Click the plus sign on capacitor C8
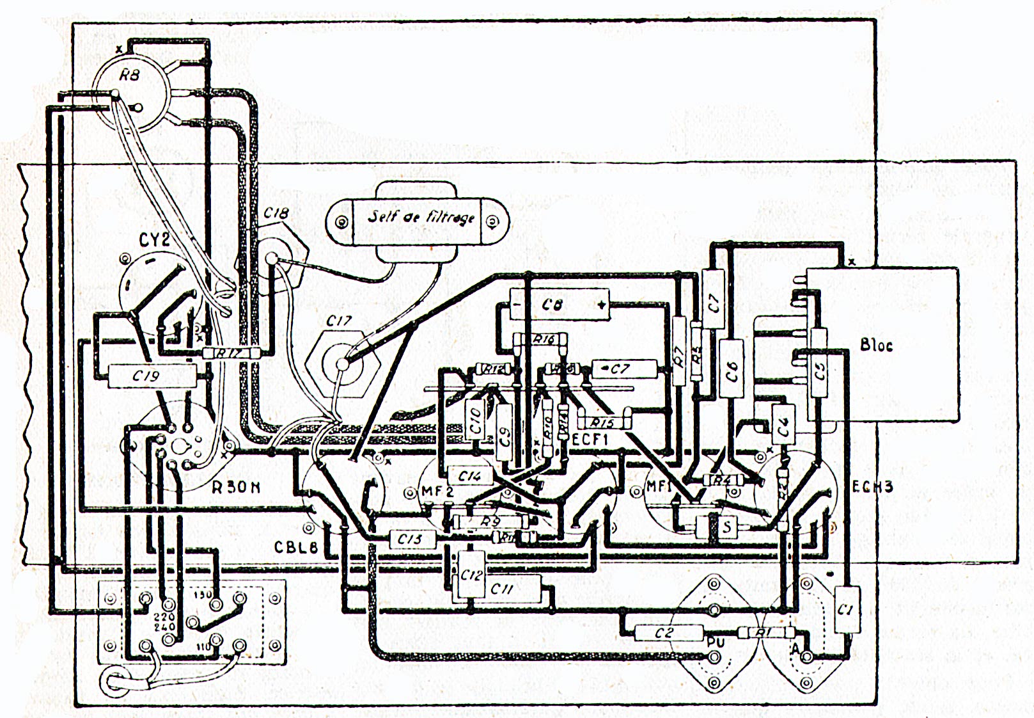[x=600, y=306]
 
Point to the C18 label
[x=276, y=213]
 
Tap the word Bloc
[x=876, y=345]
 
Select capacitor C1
[x=846, y=610]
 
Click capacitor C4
[x=783, y=423]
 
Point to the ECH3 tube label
[x=872, y=488]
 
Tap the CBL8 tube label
[x=296, y=548]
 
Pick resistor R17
[x=231, y=353]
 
